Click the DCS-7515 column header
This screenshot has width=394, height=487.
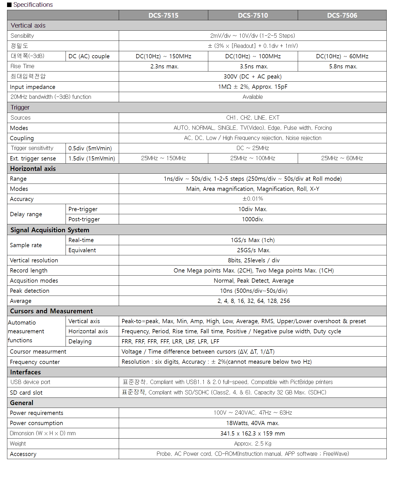[x=163, y=15]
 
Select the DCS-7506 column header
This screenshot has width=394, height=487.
[x=342, y=15]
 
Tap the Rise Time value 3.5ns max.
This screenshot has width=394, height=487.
[x=254, y=66]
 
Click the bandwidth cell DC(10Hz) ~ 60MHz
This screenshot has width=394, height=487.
[x=342, y=56]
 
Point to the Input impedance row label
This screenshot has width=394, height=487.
[x=33, y=87]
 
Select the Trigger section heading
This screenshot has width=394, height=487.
[x=20, y=108]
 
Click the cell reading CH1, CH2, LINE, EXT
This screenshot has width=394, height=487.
[x=253, y=118]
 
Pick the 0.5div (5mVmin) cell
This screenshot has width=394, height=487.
[x=90, y=148]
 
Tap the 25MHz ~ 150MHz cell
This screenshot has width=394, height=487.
[x=164, y=158]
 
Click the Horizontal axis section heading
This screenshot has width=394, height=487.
[x=33, y=169]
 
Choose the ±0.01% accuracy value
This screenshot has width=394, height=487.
[x=253, y=199]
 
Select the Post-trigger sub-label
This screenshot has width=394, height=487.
[x=84, y=219]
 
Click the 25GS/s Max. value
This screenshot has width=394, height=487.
[x=254, y=250]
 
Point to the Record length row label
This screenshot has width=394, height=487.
[x=29, y=271]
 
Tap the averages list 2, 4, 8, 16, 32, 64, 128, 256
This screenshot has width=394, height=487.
[x=254, y=301]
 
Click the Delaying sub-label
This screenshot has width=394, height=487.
[x=80, y=341]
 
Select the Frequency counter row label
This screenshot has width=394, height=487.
[x=35, y=362]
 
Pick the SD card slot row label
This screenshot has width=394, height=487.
[x=26, y=393]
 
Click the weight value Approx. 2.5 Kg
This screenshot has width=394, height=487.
[x=253, y=444]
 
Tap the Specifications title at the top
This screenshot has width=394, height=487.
[x=33, y=5]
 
